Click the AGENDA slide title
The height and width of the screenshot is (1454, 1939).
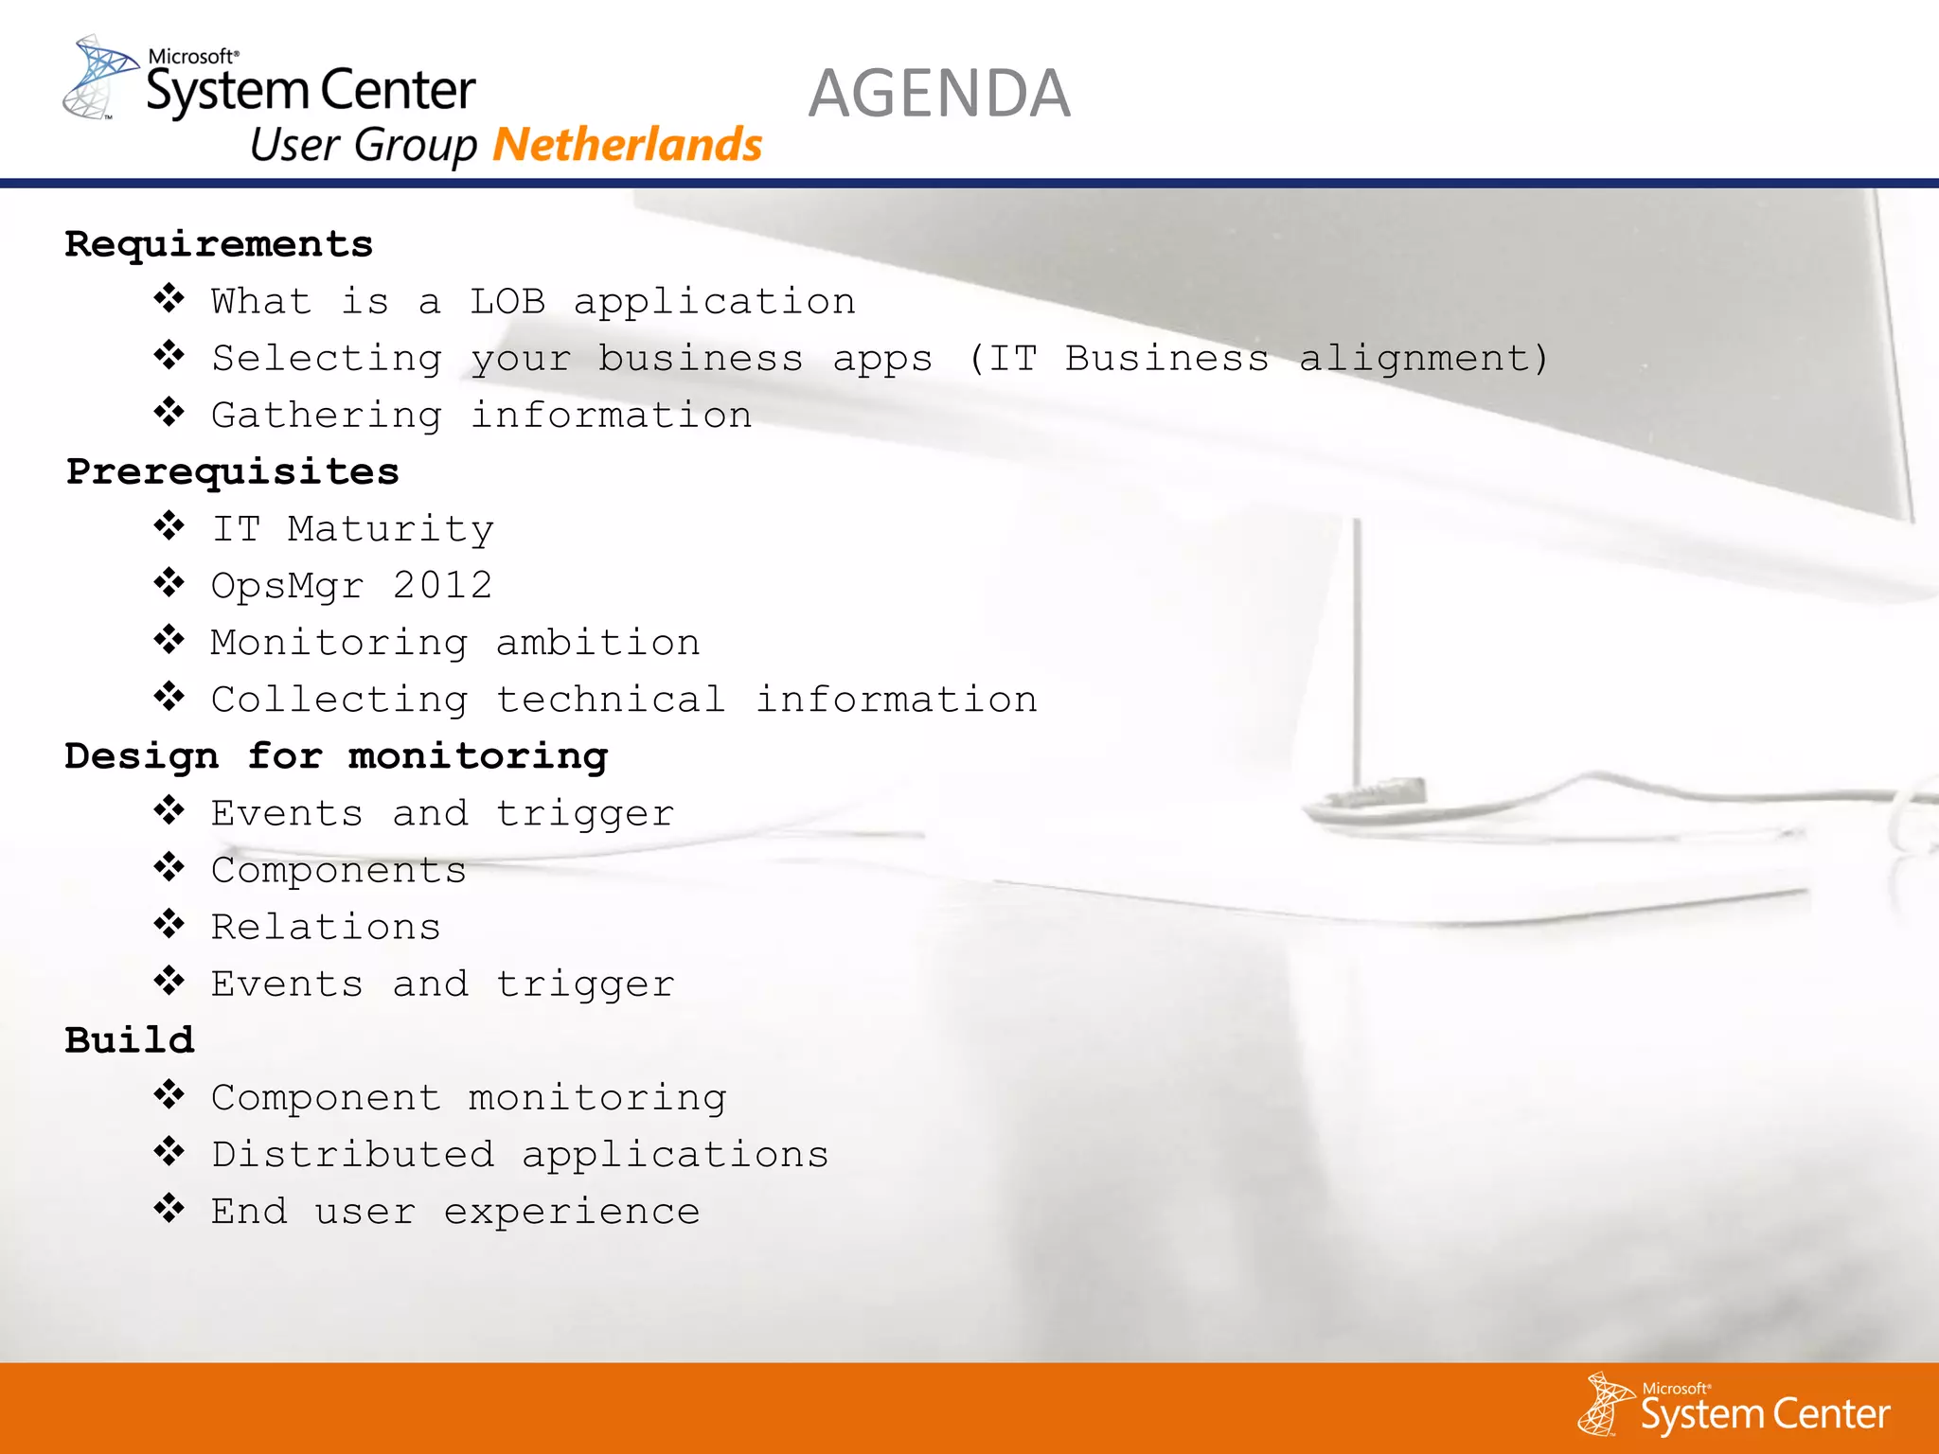(939, 94)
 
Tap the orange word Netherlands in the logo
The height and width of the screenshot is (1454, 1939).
(628, 145)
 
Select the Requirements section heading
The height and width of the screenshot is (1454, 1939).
(219, 244)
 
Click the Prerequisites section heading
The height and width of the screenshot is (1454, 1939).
(232, 471)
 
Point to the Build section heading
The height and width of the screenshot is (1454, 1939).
(130, 1040)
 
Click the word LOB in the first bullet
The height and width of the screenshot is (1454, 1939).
(507, 302)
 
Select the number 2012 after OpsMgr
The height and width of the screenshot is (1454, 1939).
(442, 586)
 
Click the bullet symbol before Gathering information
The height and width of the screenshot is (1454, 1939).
(169, 413)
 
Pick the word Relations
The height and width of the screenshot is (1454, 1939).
(326, 927)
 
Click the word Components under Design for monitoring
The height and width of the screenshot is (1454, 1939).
(338, 871)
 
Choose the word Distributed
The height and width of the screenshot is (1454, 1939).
(352, 1155)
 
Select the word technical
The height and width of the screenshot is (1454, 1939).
(611, 700)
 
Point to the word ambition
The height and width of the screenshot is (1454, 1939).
(597, 643)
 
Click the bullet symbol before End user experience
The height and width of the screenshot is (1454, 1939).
(169, 1209)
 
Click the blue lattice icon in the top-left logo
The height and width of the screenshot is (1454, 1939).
(99, 78)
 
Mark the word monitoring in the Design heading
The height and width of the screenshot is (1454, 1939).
(478, 756)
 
